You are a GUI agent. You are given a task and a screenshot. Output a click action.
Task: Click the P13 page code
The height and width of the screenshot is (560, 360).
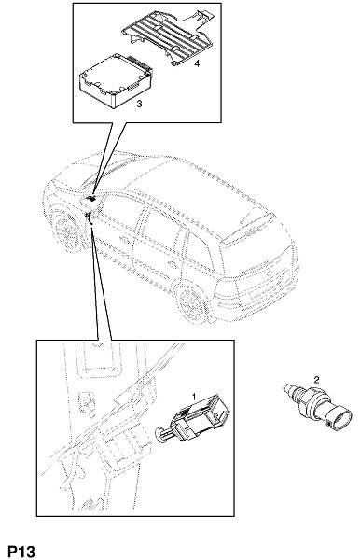pyautogui.click(x=21, y=551)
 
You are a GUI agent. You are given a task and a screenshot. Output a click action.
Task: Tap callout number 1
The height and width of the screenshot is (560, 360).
pyautogui.click(x=194, y=397)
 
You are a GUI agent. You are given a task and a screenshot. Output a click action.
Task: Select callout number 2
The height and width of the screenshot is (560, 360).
pyautogui.click(x=316, y=379)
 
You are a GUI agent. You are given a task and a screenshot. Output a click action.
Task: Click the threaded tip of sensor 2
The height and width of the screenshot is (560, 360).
pyautogui.click(x=289, y=389)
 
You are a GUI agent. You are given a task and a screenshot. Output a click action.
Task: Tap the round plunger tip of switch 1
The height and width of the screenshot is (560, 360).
pyautogui.click(x=159, y=435)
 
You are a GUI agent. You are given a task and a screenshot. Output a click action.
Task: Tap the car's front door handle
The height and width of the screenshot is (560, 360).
pyautogui.click(x=125, y=240)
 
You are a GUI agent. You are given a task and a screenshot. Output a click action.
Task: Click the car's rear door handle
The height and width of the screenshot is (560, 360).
pyautogui.click(x=173, y=265)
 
